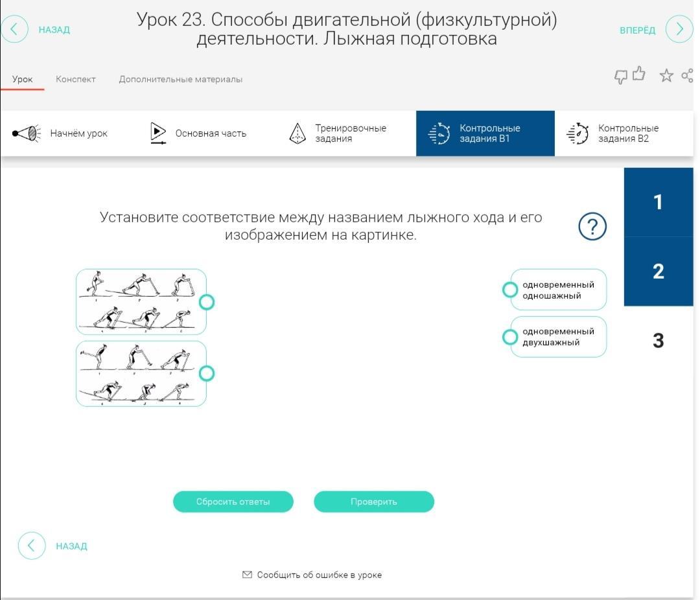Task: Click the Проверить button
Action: tap(373, 502)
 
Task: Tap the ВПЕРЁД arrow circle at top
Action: tap(679, 29)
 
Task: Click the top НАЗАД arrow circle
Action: tap(15, 29)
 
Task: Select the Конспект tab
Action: tap(75, 79)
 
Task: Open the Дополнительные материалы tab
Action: tap(180, 79)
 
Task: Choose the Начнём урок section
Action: tap(78, 133)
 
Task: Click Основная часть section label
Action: tap(211, 133)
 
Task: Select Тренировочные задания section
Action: tap(350, 133)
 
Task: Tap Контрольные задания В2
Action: tap(627, 133)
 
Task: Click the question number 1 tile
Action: tap(658, 202)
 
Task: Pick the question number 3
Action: tap(658, 340)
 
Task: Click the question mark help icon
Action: tap(592, 226)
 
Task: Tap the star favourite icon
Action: tap(666, 76)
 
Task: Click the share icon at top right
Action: tap(687, 76)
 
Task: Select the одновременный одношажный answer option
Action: tap(558, 290)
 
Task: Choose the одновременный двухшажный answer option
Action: tap(558, 336)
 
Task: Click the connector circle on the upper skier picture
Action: tap(207, 302)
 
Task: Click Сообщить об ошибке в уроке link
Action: tap(319, 575)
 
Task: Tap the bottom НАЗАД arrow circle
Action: tap(32, 546)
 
